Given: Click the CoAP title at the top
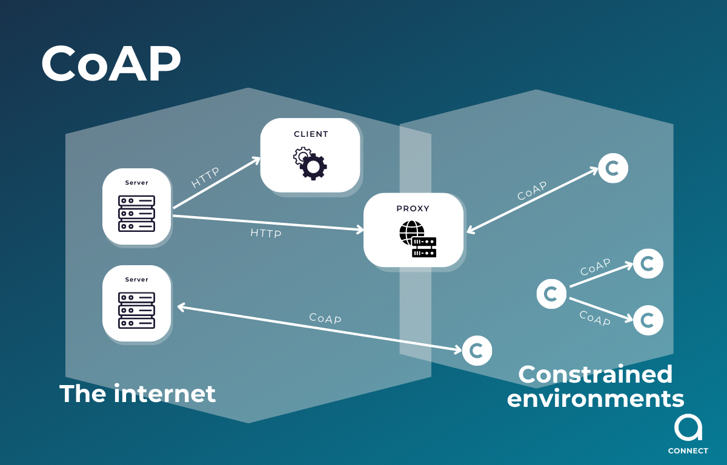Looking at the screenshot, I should pyautogui.click(x=111, y=64).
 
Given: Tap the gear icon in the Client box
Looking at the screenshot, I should pyautogui.click(x=310, y=163).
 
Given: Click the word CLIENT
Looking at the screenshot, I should pyautogui.click(x=311, y=134).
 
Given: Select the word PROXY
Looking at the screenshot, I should pyautogui.click(x=413, y=208).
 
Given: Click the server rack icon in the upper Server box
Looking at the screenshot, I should pyautogui.click(x=136, y=213).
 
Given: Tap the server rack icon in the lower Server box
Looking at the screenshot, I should pyautogui.click(x=136, y=309).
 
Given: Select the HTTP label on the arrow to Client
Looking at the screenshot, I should pyautogui.click(x=205, y=177).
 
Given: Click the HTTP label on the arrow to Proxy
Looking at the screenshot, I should pyautogui.click(x=266, y=232).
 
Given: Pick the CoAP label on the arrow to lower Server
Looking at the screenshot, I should pyautogui.click(x=325, y=318).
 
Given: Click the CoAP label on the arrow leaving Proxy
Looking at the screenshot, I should pyautogui.click(x=532, y=191).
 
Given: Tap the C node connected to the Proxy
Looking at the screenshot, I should pyautogui.click(x=613, y=168).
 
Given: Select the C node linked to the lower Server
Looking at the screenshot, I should pyautogui.click(x=477, y=351).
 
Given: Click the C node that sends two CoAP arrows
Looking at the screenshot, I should pyautogui.click(x=551, y=294).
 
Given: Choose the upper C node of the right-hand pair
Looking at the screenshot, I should pyautogui.click(x=648, y=264).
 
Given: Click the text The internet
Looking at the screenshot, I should pyautogui.click(x=138, y=394).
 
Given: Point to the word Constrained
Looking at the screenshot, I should pyautogui.click(x=595, y=374).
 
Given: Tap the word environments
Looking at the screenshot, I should pyautogui.click(x=595, y=399).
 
